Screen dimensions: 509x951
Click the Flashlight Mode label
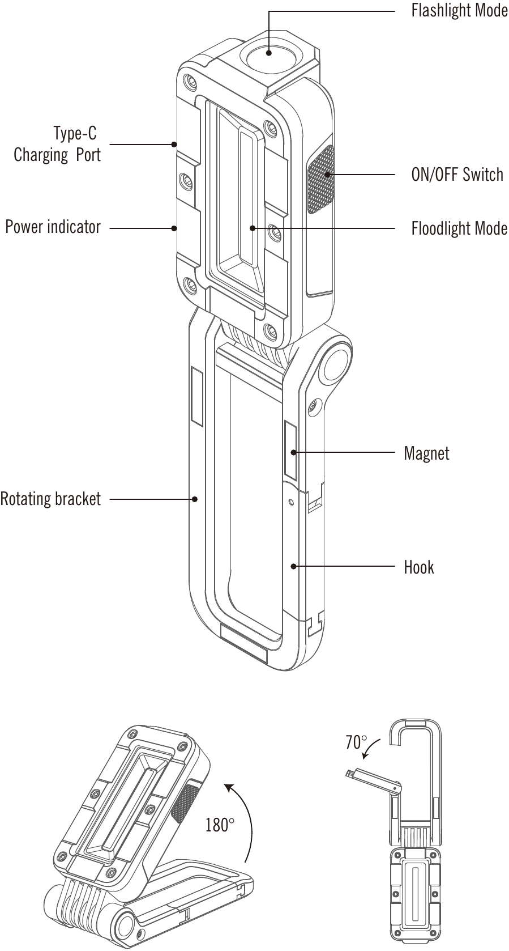pos(460,11)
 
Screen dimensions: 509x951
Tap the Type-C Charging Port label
pos(57,144)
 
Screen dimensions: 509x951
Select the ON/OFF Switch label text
pos(457,175)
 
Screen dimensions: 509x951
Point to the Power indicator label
pos(53,227)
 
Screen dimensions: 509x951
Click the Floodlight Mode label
pos(459,228)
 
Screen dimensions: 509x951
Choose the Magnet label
pos(426,453)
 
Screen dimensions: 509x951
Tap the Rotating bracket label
pos(50,499)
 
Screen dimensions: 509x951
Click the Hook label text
pos(418,567)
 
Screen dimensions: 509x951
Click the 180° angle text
pos(220,825)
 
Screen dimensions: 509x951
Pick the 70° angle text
pos(356,742)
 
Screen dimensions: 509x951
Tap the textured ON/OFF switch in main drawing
pos(320,180)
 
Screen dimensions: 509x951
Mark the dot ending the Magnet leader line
pos(293,453)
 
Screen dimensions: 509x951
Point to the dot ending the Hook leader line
pos(293,566)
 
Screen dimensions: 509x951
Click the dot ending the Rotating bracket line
pos(195,499)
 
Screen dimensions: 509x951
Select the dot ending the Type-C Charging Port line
pos(174,145)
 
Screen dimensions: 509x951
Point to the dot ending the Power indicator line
pos(174,228)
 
